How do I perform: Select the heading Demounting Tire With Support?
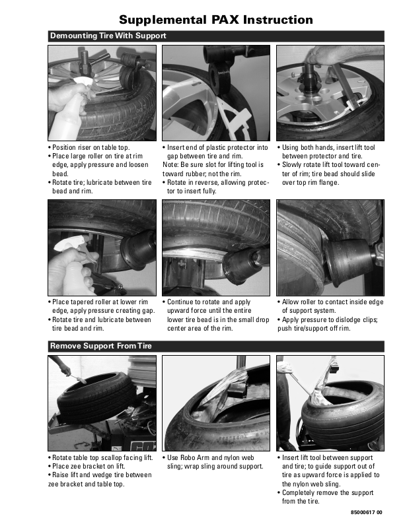(x=108, y=36)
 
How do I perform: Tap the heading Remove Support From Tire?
(x=101, y=346)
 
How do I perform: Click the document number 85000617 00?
(x=367, y=513)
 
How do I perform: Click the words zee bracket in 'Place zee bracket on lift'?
(x=93, y=467)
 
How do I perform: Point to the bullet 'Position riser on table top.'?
(x=89, y=147)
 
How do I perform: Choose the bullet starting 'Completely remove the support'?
(x=325, y=497)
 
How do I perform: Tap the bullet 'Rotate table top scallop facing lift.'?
(x=100, y=457)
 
